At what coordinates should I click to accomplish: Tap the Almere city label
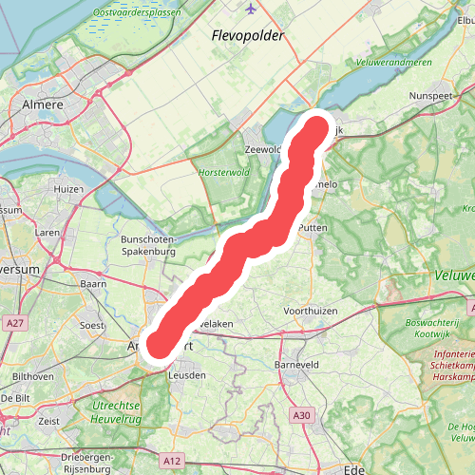(42, 104)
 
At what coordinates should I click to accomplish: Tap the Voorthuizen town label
(313, 311)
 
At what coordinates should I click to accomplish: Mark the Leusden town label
(186, 375)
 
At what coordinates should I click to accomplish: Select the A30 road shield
(301, 414)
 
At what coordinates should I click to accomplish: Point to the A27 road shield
(14, 324)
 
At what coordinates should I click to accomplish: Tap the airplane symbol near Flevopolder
(251, 9)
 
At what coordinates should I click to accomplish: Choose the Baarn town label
(93, 283)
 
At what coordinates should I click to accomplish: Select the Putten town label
(313, 229)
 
